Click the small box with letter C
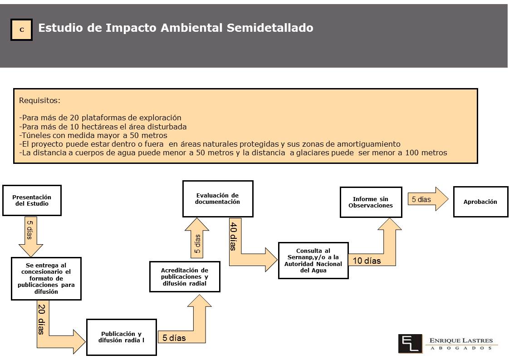coord(21,30)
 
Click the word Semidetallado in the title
coord(270,28)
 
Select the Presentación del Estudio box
coord(32,201)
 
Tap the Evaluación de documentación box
coord(217,198)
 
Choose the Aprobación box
coord(480,202)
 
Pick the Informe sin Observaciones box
coord(371,202)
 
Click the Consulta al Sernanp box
coord(313,260)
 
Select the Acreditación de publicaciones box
coord(185,276)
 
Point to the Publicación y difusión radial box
coord(122,337)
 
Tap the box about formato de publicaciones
coord(46,278)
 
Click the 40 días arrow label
coord(233,236)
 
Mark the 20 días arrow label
coord(41,319)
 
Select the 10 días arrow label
coord(367,261)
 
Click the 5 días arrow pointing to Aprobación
coord(428,199)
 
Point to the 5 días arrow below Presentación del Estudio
coord(31,237)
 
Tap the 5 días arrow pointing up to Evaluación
coord(197,238)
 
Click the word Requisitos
coord(39,100)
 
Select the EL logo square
coord(410,343)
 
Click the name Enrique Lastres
coord(461,340)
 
